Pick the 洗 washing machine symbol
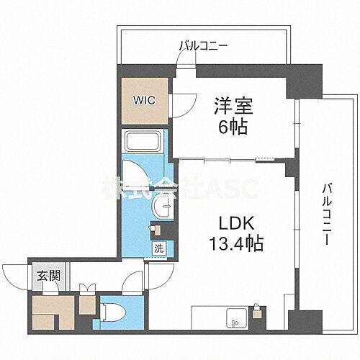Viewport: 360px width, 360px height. click(x=158, y=249)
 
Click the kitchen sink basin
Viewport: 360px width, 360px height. click(x=234, y=316)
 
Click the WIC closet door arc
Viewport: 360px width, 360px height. click(x=179, y=107)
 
